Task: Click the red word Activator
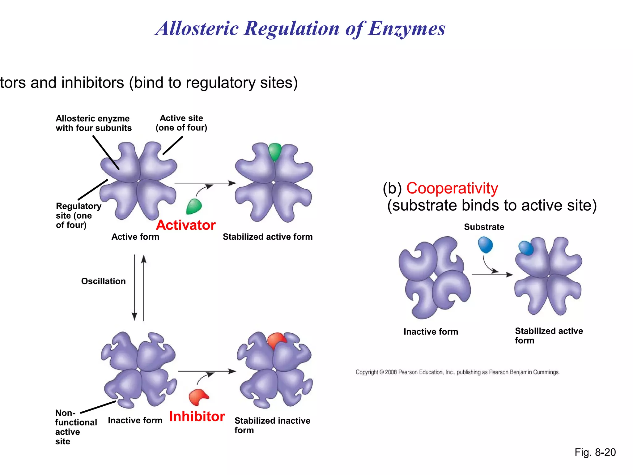[186, 225]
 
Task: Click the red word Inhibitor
[197, 417]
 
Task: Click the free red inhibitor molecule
[198, 397]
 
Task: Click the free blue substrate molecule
[485, 244]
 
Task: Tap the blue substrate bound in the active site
[525, 248]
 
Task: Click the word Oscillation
[103, 281]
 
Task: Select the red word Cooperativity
[452, 188]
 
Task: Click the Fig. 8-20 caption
[595, 452]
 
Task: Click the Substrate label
[484, 227]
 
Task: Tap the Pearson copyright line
[457, 372]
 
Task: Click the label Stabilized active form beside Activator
[268, 237]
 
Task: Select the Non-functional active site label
[75, 427]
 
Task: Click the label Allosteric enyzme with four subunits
[94, 123]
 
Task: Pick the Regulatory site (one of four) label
[78, 216]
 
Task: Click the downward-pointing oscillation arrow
[134, 288]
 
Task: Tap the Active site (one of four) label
[181, 123]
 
